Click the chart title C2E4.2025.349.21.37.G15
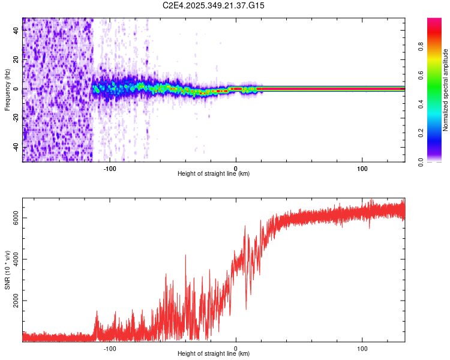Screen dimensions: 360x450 214,5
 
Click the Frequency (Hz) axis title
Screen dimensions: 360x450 7,90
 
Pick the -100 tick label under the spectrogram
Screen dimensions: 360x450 110,168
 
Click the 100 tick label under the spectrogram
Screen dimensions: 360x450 362,168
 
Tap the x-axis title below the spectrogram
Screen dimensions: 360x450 214,174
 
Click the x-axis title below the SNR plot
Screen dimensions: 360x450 214,354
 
